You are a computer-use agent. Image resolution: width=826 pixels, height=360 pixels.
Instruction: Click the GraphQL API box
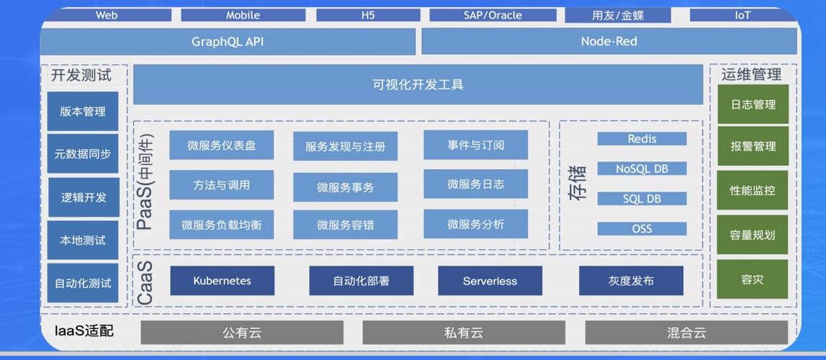coord(228,42)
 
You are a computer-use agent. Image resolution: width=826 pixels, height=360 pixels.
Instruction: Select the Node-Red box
coord(609,42)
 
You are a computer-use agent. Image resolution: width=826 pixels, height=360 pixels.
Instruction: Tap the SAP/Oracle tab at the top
coord(493,15)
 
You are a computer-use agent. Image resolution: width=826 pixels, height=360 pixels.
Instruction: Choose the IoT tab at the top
coord(742,15)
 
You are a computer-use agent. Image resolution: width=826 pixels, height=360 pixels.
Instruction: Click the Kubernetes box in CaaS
coord(222,281)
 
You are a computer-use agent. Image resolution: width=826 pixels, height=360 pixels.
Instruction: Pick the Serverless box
coord(490,281)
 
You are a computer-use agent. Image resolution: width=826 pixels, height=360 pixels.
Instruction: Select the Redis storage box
coord(642,139)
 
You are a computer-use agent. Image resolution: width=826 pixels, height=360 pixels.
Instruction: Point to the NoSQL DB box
coord(642,169)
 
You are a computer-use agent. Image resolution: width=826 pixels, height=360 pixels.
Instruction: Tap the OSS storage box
coord(642,229)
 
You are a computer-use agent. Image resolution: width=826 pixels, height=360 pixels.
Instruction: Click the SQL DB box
coord(642,199)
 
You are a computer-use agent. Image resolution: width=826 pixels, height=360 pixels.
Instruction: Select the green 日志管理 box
coord(753,104)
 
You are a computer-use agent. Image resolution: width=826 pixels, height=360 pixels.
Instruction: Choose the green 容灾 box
coord(753,279)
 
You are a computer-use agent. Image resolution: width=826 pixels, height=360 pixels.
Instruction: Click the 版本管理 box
coord(83,112)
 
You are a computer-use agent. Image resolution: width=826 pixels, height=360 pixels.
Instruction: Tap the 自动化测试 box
coord(83,283)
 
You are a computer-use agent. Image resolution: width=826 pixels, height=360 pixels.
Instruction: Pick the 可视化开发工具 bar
coord(418,84)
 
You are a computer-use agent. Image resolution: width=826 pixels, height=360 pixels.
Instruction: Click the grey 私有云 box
coord(463,333)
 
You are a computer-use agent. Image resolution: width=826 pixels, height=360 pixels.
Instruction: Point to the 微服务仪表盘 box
coord(221,145)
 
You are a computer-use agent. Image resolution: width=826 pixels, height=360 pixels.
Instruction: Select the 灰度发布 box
coord(631,281)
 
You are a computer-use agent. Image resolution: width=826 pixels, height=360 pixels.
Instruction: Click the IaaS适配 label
coord(84,331)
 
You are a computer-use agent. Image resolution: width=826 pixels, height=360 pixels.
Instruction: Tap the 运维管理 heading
coord(751,74)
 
